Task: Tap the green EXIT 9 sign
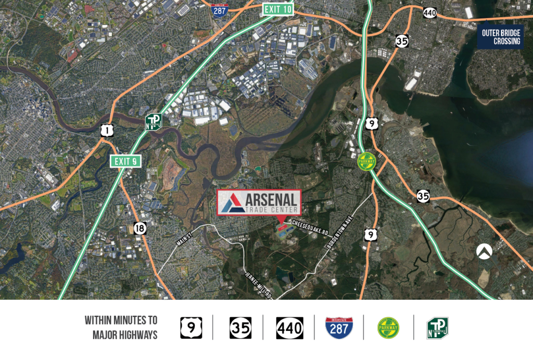pos(125,161)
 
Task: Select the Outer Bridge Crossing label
pos(500,37)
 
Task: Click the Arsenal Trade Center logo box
pos(259,202)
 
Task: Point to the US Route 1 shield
pos(107,130)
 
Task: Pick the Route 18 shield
pos(139,228)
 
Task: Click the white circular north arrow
pos(484,252)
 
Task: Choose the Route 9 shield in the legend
pos(191,328)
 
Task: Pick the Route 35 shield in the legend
pos(240,328)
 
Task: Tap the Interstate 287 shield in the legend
pos(338,328)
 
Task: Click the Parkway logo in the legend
pos(388,328)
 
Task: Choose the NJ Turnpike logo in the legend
pos(437,328)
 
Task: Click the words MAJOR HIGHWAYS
pos(125,336)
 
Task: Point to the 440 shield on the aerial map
pos(429,12)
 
